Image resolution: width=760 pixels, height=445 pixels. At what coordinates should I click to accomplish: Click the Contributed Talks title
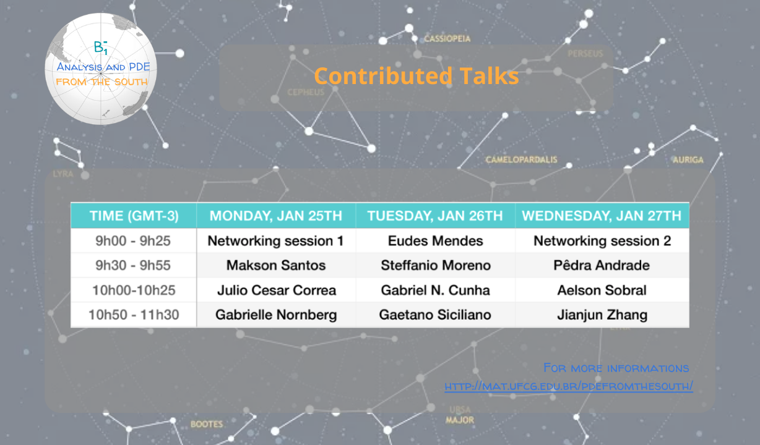click(x=416, y=76)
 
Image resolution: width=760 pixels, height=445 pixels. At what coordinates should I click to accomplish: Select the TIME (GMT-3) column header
click(x=134, y=216)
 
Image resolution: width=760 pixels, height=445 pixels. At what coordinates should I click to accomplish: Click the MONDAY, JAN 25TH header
click(x=275, y=216)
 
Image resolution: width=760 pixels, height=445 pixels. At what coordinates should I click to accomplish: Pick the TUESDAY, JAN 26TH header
click(x=435, y=216)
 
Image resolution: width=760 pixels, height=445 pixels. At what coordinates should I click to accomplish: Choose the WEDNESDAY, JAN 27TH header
click(x=602, y=216)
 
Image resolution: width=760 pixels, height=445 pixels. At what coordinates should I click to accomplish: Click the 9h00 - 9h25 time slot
click(x=134, y=241)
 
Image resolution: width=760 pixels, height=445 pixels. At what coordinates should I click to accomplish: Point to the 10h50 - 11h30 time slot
click(x=134, y=315)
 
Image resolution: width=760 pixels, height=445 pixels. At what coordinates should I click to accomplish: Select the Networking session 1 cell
click(x=275, y=241)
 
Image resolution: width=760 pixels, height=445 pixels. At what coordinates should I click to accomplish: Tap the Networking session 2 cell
click(x=602, y=241)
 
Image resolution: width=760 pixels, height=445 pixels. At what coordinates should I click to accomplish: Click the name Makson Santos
click(x=275, y=265)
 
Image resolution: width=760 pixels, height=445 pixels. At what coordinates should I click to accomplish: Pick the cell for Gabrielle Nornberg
click(x=275, y=315)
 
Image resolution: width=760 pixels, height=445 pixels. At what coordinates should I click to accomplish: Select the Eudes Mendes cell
click(x=435, y=241)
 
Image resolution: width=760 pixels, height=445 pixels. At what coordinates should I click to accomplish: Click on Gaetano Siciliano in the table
click(x=435, y=315)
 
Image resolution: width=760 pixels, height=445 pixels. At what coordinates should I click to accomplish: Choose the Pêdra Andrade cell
click(x=602, y=265)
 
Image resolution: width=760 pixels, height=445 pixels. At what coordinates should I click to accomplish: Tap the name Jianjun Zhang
click(x=602, y=315)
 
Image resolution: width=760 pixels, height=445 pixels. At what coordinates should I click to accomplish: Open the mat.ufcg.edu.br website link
click(x=568, y=386)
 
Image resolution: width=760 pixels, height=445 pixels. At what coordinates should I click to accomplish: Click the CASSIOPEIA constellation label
click(x=447, y=39)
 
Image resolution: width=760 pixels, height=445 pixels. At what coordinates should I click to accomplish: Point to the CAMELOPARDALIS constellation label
click(x=521, y=159)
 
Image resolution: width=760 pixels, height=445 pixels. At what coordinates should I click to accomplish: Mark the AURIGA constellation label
click(x=688, y=159)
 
